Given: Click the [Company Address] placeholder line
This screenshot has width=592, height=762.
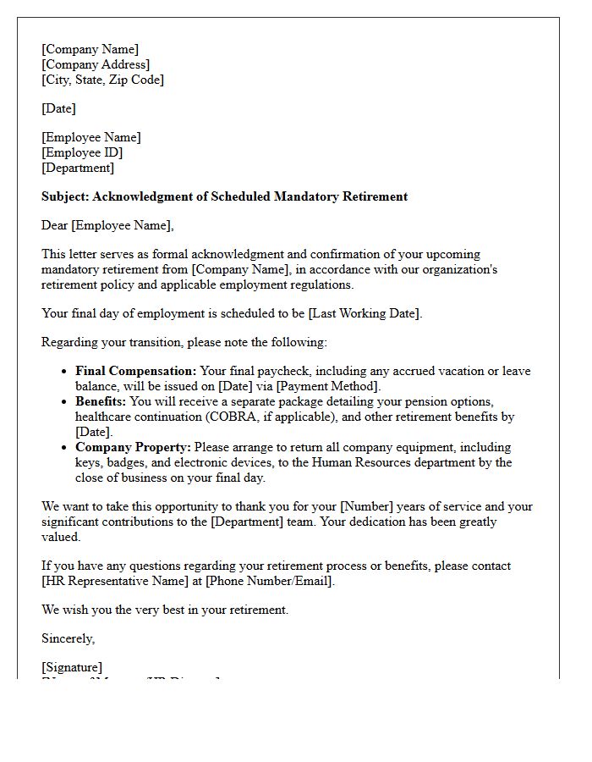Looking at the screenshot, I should [96, 64].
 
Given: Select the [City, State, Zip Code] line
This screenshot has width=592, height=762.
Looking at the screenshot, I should [102, 80].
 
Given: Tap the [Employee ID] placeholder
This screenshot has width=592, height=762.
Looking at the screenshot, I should [82, 152].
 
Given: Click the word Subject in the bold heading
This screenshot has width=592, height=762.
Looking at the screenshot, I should [64, 196].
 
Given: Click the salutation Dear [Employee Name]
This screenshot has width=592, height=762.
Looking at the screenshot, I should [107, 225].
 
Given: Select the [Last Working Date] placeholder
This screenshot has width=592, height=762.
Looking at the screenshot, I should [364, 313].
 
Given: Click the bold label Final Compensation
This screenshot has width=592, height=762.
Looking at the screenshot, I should [135, 371].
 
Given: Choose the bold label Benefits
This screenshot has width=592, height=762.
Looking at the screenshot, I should [101, 401].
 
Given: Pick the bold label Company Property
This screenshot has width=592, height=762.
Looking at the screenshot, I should [133, 447].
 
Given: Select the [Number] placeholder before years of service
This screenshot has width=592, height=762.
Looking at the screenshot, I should [366, 506].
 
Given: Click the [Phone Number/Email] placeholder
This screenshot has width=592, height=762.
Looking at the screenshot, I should [270, 581].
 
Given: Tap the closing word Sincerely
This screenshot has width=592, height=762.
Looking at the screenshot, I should [68, 638].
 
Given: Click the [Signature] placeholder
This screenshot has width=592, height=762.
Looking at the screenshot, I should [72, 667].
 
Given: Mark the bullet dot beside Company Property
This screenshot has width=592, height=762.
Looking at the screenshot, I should [65, 448].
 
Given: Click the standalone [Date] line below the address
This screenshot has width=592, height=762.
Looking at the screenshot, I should [58, 108].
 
